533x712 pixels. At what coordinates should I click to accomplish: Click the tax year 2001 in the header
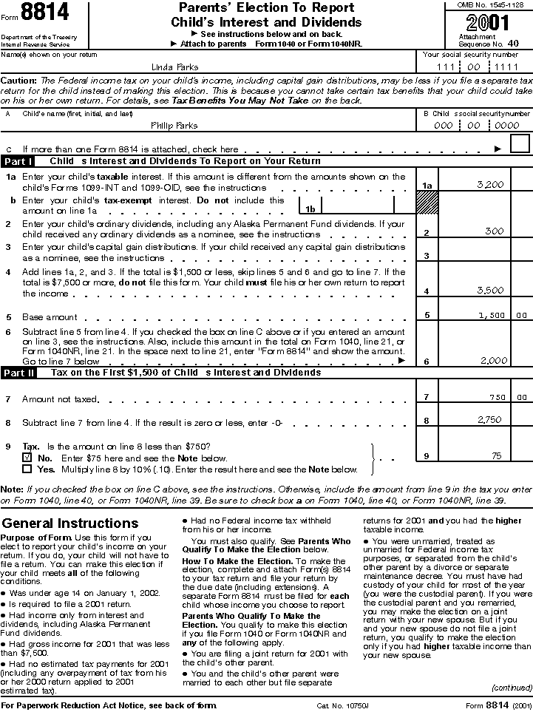tap(483, 22)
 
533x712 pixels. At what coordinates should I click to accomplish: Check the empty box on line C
tap(520, 144)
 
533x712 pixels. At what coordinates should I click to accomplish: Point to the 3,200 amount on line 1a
tap(490, 184)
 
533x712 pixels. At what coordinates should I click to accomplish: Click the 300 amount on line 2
tap(493, 232)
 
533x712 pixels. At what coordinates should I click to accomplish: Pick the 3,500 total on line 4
tap(490, 291)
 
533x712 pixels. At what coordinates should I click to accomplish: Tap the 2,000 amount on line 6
tap(493, 360)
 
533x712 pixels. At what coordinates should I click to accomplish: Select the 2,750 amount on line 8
tap(490, 420)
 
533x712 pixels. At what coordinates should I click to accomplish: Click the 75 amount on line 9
tap(497, 456)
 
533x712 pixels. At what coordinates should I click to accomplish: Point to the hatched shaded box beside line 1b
tap(427, 203)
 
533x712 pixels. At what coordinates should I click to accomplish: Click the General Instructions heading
tap(69, 523)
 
